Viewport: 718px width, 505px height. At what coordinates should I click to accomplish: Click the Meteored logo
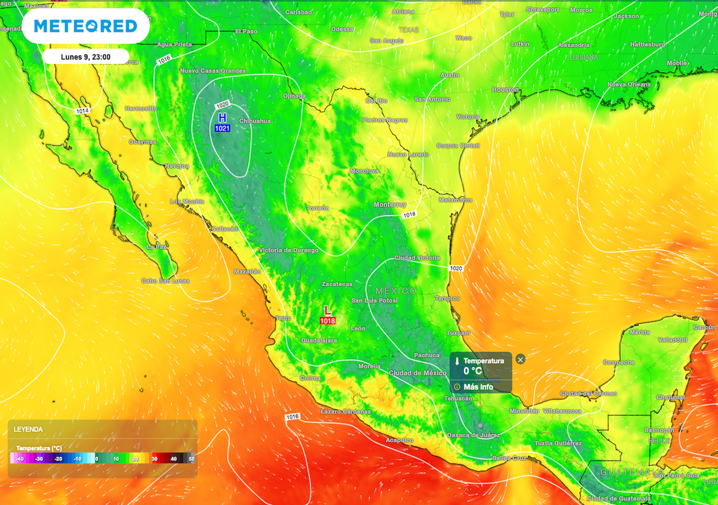tap(85, 27)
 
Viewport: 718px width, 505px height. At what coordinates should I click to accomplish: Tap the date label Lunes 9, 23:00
tap(85, 57)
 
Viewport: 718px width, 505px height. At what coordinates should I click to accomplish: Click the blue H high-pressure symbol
tap(222, 117)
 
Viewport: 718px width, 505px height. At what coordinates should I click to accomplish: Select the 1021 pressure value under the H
tap(222, 128)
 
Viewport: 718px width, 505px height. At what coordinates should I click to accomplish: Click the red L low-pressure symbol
tap(327, 310)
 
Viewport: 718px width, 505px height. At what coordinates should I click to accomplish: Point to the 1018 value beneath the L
tap(327, 321)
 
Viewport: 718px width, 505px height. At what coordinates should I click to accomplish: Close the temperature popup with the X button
tap(520, 359)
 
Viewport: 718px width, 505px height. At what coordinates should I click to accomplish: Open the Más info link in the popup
tap(477, 386)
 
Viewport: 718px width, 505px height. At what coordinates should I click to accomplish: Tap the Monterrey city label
tap(390, 205)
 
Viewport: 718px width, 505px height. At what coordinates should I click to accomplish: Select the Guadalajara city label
tap(319, 340)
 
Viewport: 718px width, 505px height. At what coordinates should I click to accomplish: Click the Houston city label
tap(505, 90)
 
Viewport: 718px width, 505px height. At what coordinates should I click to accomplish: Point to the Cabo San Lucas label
tap(165, 281)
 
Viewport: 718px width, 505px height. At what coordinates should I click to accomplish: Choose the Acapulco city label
tap(400, 440)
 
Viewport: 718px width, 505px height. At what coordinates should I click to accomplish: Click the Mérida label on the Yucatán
tap(639, 332)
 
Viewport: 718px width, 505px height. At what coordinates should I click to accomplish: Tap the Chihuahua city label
tap(255, 121)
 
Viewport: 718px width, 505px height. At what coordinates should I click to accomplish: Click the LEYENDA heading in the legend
tap(28, 429)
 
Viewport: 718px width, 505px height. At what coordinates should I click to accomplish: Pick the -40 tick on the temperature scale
tap(20, 459)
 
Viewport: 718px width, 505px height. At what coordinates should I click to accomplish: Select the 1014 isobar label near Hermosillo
tap(83, 111)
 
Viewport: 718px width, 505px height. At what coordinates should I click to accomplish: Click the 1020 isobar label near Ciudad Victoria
tap(456, 268)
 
